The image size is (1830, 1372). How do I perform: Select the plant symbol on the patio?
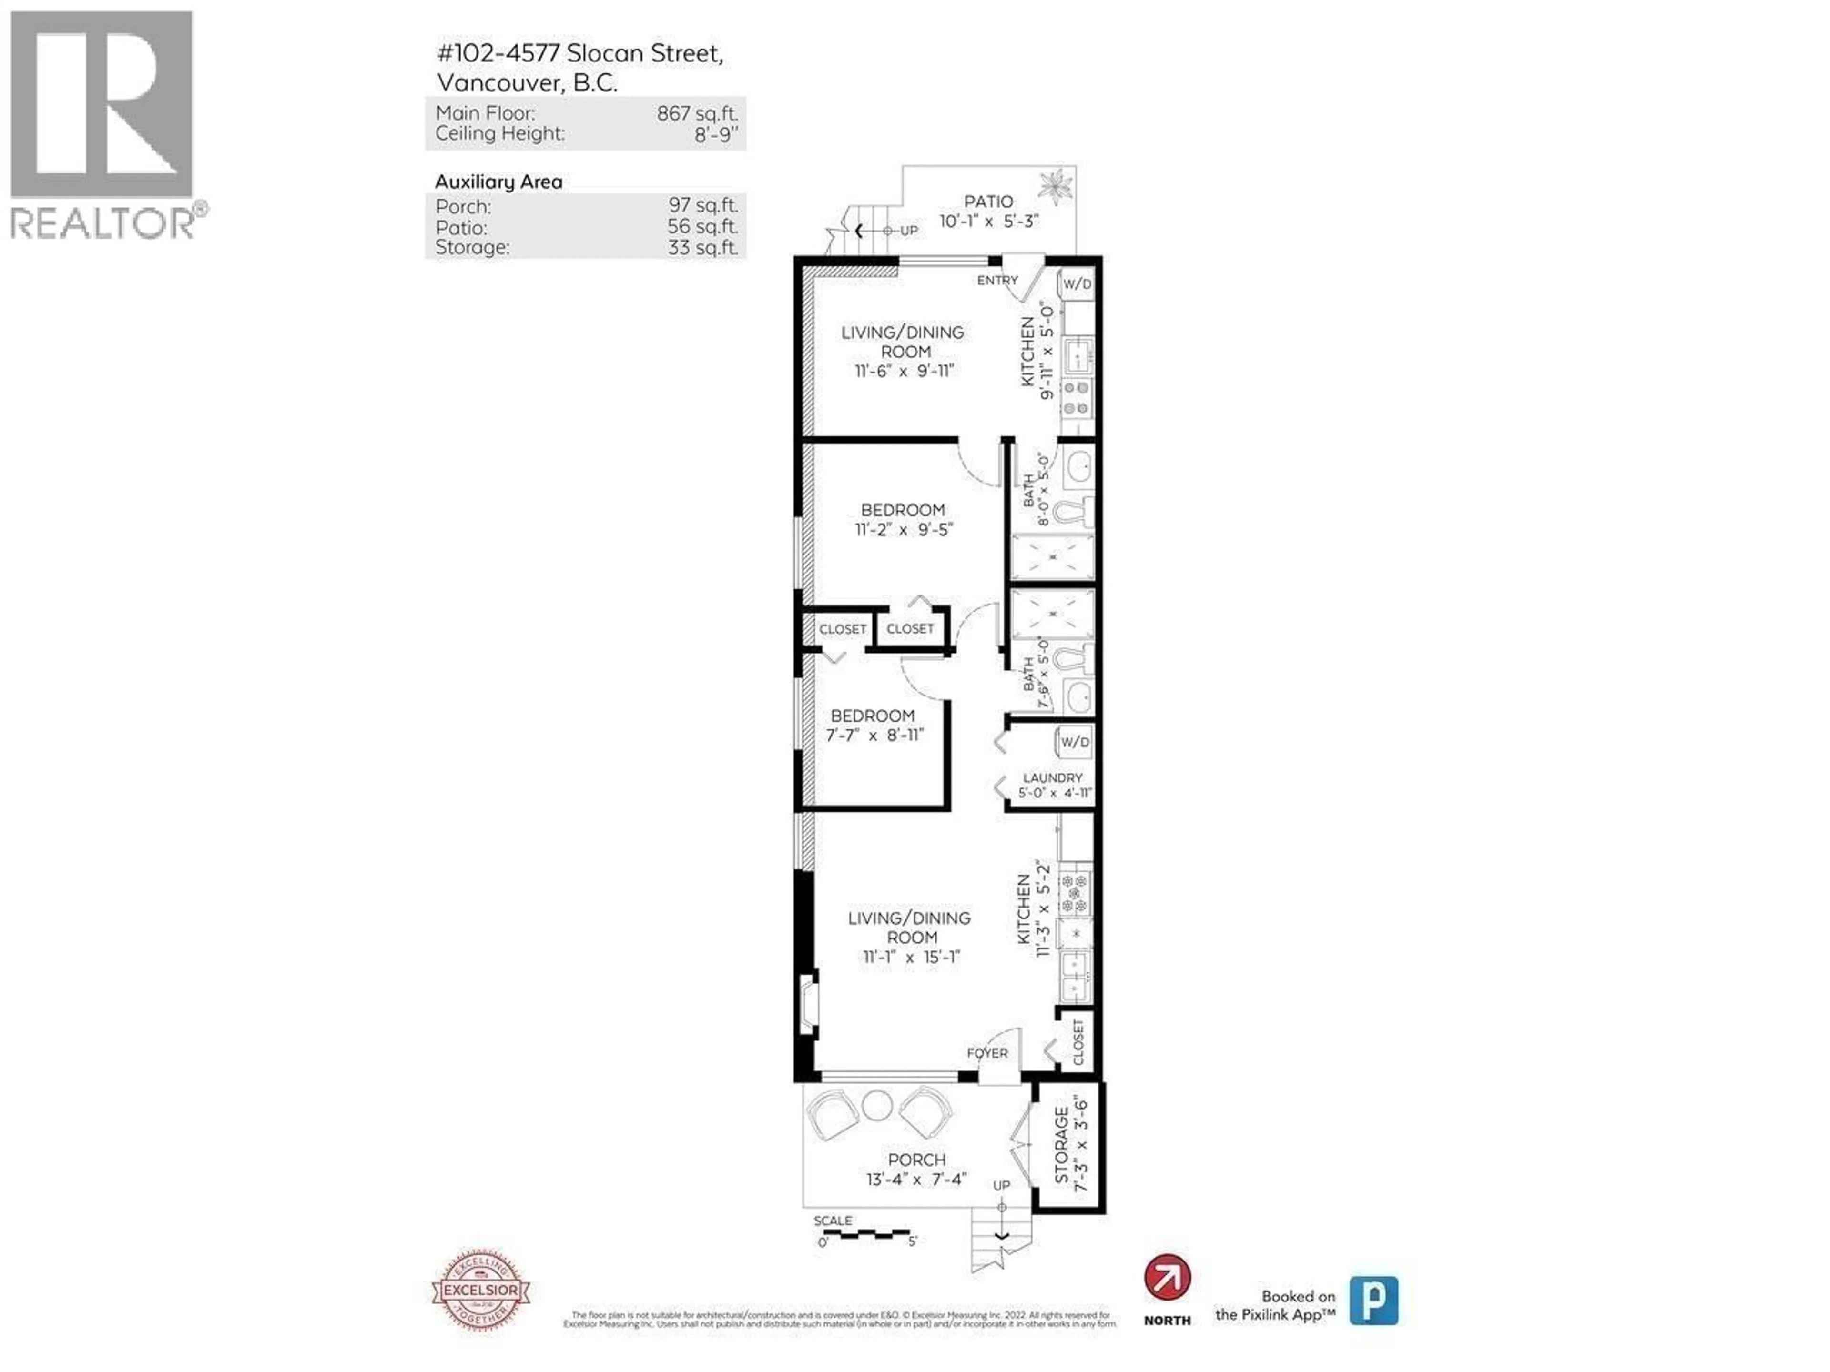[x=1055, y=186]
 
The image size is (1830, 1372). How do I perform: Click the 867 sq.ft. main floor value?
[x=697, y=113]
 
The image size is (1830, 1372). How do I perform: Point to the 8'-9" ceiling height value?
[x=716, y=134]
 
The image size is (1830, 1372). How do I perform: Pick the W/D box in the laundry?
[x=1075, y=742]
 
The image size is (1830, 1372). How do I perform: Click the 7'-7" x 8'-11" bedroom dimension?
[x=874, y=735]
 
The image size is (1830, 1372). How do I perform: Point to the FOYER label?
[x=987, y=1053]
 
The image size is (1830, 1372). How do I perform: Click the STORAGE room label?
[x=1061, y=1146]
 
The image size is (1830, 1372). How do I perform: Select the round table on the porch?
[x=877, y=1105]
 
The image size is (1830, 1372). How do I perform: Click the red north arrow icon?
[x=1167, y=1278]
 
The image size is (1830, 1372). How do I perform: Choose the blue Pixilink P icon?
[x=1373, y=1300]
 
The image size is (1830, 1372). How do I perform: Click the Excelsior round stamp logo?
[x=481, y=1290]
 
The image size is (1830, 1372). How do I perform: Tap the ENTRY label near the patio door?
[x=997, y=280]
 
